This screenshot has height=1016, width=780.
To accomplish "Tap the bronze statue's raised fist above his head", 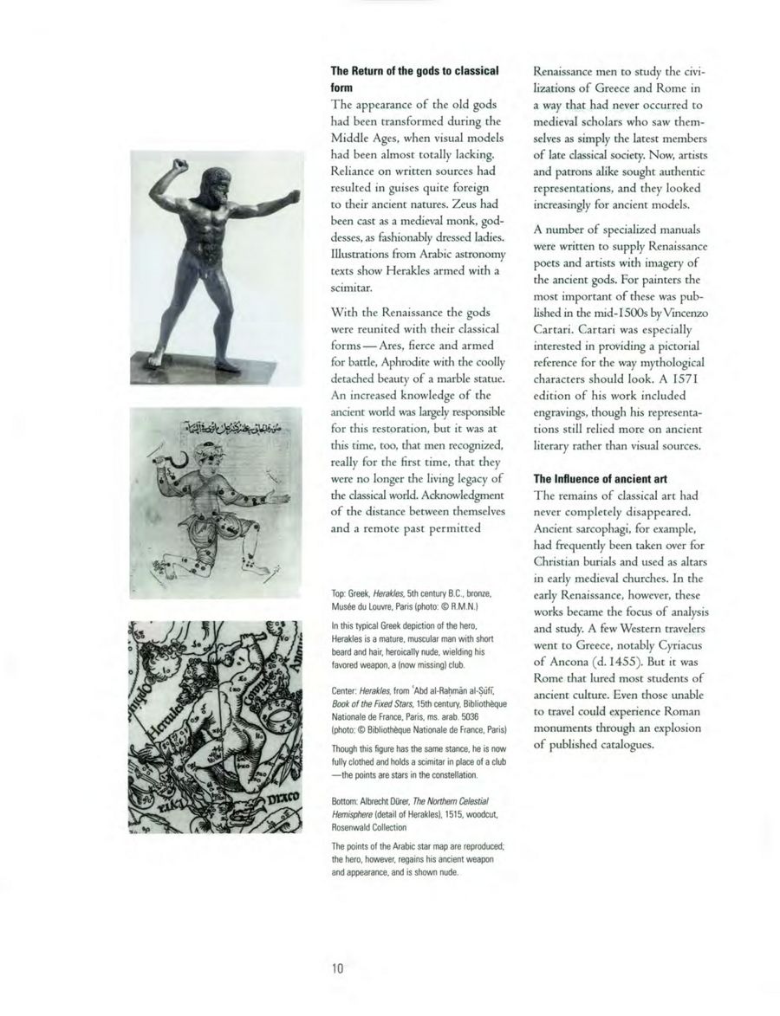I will click(179, 161).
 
